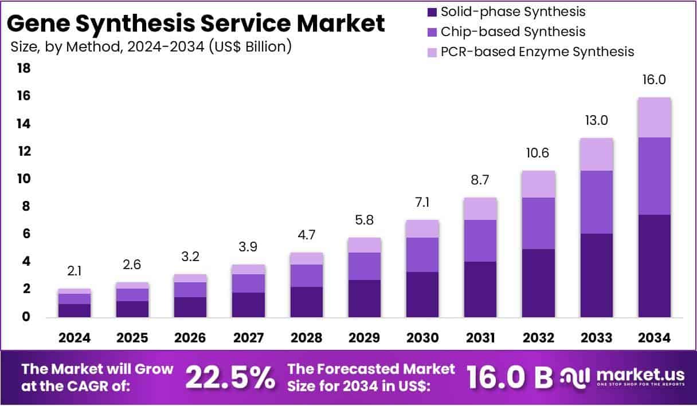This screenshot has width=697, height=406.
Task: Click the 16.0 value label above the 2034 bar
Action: coord(654,80)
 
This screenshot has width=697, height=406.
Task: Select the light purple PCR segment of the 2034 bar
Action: coord(654,117)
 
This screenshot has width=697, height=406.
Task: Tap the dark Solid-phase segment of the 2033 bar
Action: coord(596,275)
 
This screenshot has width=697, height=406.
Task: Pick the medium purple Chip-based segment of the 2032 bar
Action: coord(538,223)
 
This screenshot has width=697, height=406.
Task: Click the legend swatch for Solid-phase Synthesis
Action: coord(432,11)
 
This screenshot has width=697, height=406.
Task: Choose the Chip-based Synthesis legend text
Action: coord(513,31)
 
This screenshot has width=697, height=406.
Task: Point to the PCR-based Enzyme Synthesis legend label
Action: coord(537,52)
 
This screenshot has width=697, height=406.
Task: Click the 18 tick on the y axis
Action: coord(24,68)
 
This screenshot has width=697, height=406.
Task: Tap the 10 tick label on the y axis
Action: coord(24,179)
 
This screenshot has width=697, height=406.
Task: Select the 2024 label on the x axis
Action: coord(75,338)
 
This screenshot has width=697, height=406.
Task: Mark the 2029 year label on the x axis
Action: coord(365,338)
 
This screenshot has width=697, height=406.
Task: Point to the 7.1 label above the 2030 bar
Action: coord(422,202)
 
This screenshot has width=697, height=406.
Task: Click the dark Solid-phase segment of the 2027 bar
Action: coord(249,305)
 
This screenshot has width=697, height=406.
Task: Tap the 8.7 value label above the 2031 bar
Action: coord(480,180)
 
